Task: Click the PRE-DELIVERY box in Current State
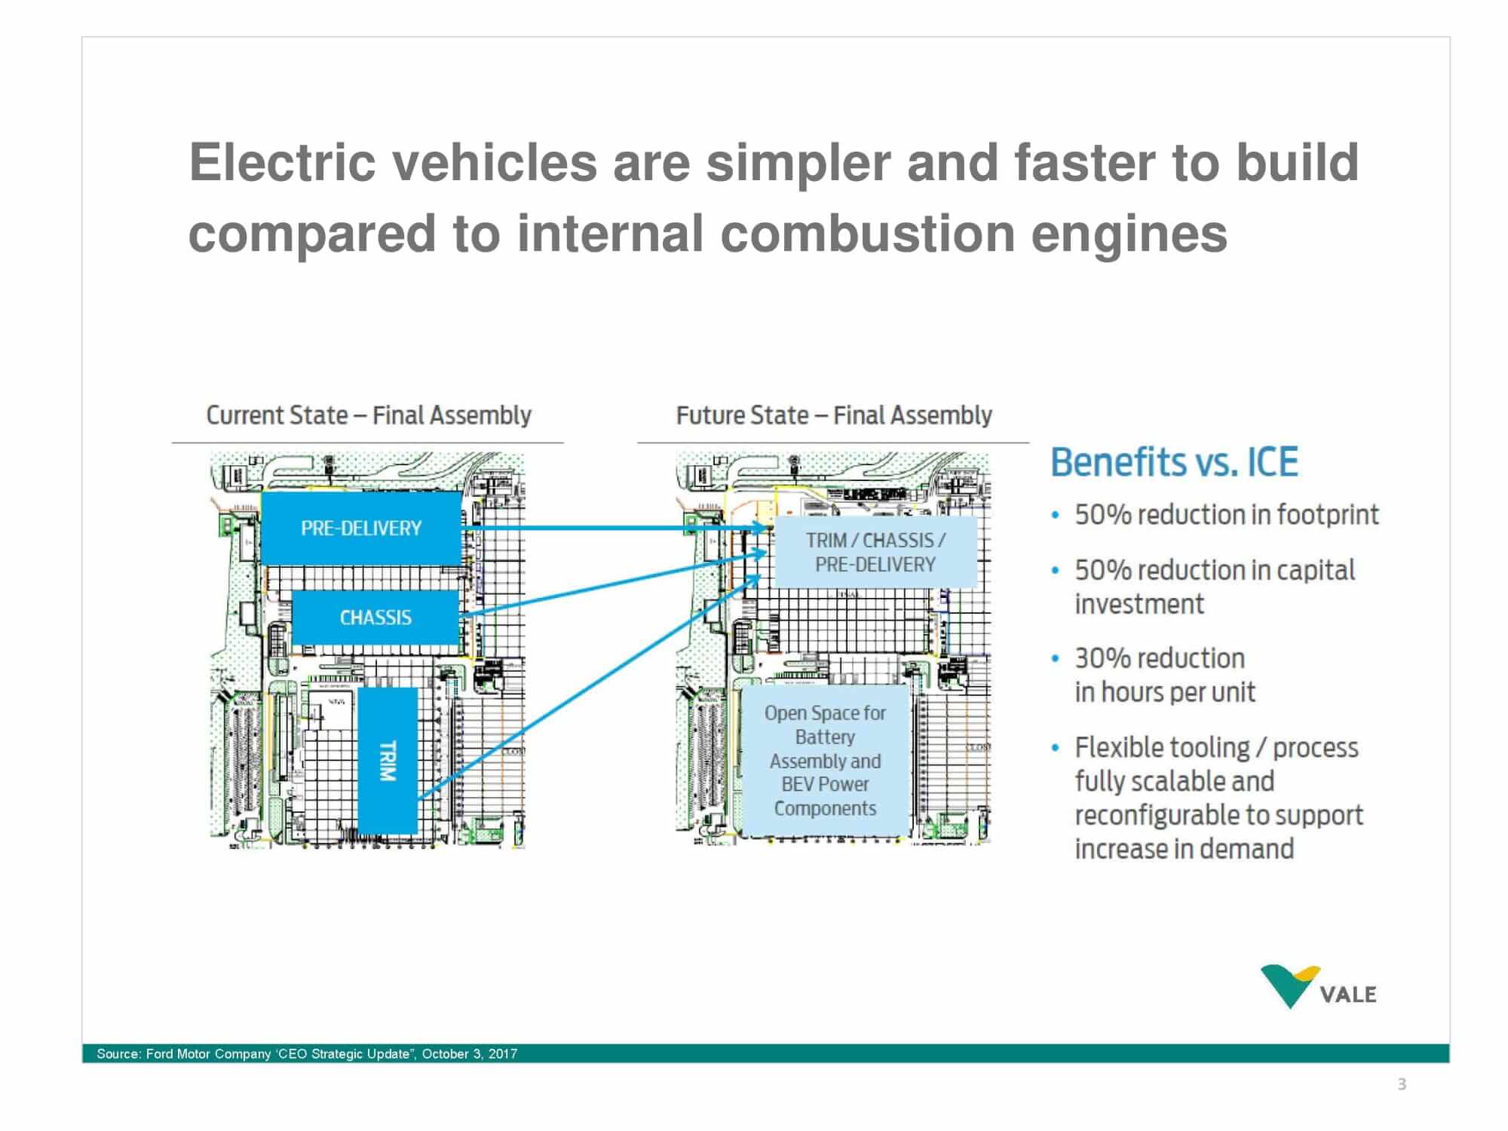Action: [361, 528]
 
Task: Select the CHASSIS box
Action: [375, 618]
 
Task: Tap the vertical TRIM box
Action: [388, 760]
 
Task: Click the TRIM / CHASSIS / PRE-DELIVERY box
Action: [875, 552]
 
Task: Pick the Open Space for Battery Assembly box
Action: [825, 760]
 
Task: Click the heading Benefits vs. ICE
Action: [1174, 462]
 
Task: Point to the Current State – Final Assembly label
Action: [369, 415]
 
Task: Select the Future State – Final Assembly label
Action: [834, 415]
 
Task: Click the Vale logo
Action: [1318, 987]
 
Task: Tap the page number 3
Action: [1402, 1084]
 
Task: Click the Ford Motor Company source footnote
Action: [307, 1053]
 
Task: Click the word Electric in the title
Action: [281, 163]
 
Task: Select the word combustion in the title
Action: [867, 234]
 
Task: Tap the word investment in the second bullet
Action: [1139, 604]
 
